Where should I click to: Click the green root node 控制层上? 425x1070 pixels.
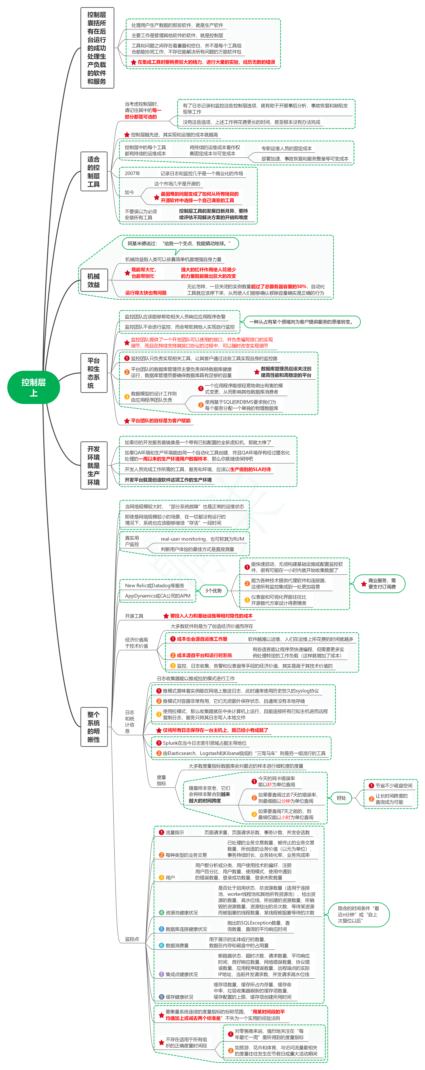[x=34, y=387]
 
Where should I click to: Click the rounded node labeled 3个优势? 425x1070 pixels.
[x=214, y=591]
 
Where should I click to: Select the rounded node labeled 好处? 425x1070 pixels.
[x=341, y=798]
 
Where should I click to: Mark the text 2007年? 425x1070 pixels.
[x=133, y=174]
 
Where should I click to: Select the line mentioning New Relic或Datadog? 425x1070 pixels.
[x=155, y=586]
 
